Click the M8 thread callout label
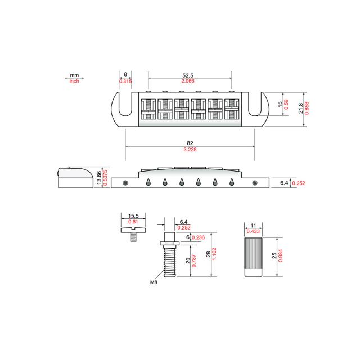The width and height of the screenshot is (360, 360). click(154, 282)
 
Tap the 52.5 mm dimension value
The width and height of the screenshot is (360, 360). click(188, 75)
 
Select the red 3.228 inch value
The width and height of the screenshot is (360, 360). click(190, 150)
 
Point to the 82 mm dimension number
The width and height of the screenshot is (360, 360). click(190, 143)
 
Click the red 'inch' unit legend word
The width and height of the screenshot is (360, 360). click(74, 81)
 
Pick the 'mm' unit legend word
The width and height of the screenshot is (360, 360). click(74, 75)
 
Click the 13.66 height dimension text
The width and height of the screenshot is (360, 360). click(99, 178)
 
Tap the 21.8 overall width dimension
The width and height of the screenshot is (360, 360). click(300, 108)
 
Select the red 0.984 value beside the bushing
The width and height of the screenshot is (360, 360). click(280, 255)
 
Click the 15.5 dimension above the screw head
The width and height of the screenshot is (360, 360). click(133, 216)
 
